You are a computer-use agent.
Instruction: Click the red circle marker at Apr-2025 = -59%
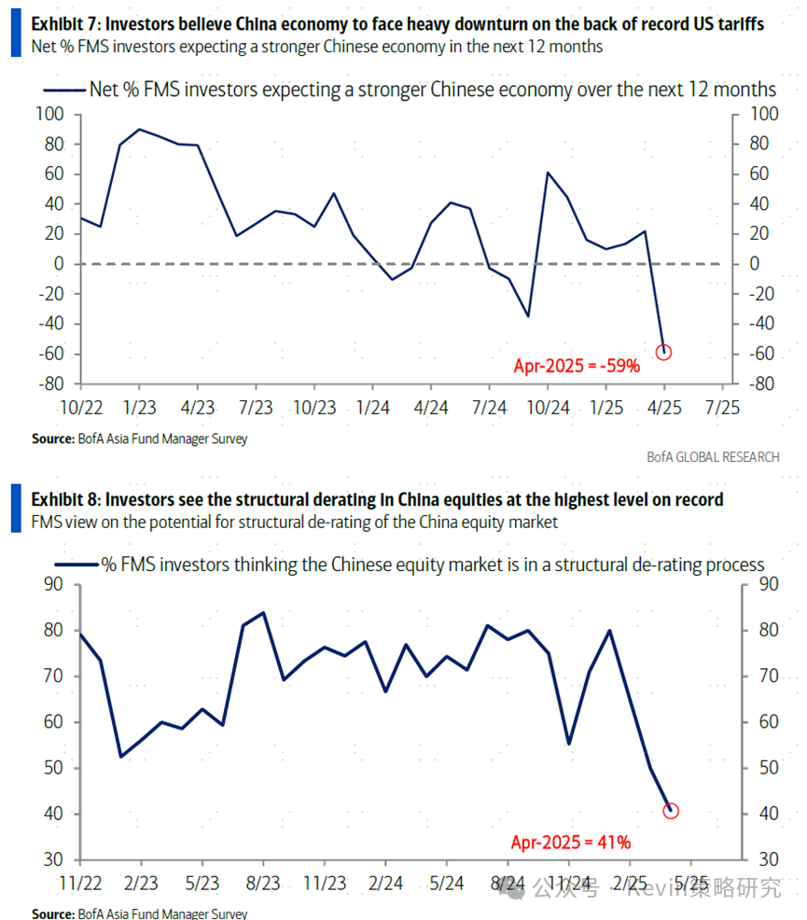pos(663,352)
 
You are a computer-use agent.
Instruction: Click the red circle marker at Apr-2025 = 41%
pos(671,811)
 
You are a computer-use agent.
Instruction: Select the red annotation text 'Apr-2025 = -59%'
pos(577,366)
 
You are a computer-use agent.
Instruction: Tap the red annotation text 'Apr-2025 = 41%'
pos(571,842)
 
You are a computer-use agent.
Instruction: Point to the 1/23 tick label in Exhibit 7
pos(139,408)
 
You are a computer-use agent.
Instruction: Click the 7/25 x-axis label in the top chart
pos(723,408)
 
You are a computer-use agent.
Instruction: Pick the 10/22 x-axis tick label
pos(80,408)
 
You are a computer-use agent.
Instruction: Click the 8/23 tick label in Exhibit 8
pos(264,883)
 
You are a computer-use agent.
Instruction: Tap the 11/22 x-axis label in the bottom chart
pos(80,883)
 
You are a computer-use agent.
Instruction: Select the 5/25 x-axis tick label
pos(690,883)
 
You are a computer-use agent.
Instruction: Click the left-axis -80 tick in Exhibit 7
pos(49,383)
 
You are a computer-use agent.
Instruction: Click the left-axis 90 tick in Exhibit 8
pos(53,585)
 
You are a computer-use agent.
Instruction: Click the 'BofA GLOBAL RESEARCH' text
pos(712,456)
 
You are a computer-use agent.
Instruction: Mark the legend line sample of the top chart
pos(63,90)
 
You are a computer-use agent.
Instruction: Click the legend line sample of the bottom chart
pos(77,565)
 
